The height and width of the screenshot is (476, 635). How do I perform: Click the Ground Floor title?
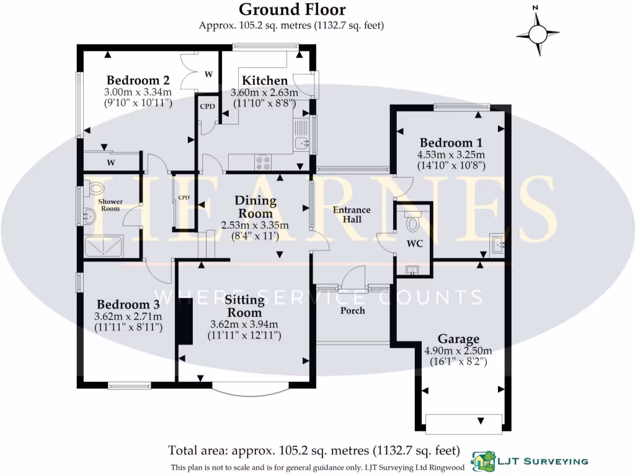292,9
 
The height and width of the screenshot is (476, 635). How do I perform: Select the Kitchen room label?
265,81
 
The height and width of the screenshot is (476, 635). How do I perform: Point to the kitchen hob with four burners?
263,162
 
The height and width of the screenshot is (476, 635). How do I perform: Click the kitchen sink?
302,143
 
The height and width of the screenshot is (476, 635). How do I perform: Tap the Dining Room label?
255,207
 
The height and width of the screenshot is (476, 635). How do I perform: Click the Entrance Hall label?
352,214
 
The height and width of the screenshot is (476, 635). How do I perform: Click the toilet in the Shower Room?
95,188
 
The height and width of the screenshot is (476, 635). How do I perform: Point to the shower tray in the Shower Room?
104,246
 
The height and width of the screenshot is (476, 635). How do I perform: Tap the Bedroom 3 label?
128,304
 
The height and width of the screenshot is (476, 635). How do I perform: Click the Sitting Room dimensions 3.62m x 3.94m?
245,324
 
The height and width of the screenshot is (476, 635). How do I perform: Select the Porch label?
353,311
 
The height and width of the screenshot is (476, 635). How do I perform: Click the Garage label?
458,339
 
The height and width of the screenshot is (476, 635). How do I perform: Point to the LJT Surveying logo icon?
484,460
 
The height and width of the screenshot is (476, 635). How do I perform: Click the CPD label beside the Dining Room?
184,198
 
